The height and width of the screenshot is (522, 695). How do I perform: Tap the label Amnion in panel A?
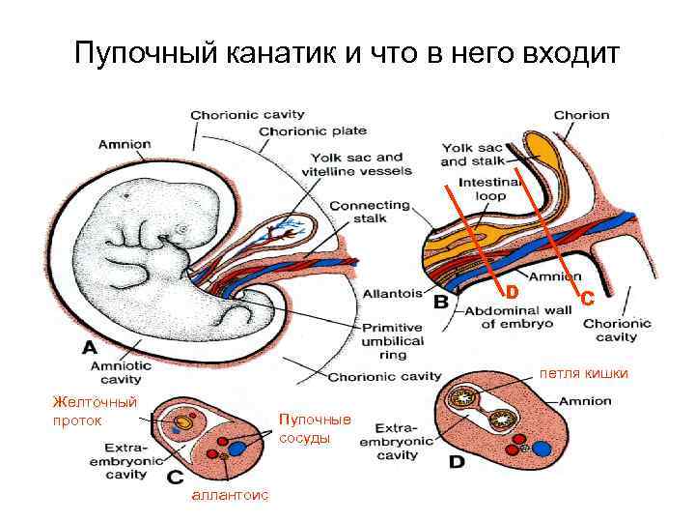click(125, 144)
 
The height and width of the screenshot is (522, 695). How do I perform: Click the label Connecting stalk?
click(371, 212)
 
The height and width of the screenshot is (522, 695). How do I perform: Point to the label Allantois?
click(392, 293)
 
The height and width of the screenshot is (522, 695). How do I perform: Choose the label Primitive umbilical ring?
click(392, 340)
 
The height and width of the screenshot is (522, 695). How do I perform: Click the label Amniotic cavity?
click(120, 373)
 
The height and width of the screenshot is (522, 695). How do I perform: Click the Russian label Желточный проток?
click(95, 411)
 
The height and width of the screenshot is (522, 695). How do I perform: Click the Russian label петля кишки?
click(583, 373)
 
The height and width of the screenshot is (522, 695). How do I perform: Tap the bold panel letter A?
click(89, 346)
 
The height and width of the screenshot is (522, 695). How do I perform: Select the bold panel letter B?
click(440, 303)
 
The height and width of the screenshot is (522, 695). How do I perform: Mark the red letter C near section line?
click(587, 299)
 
